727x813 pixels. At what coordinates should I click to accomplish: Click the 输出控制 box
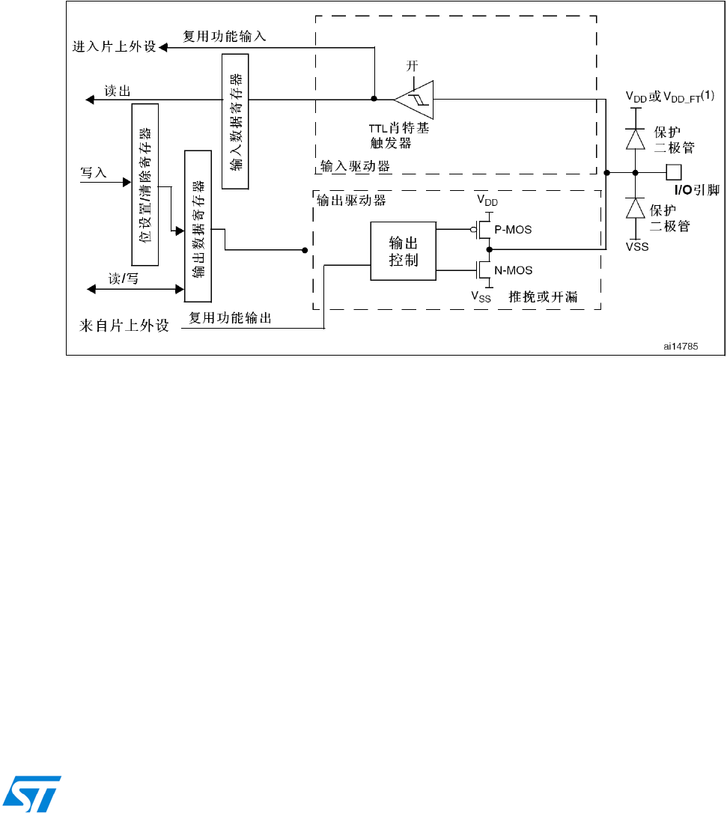point(404,251)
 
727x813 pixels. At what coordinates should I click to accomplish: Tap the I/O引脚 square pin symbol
point(674,172)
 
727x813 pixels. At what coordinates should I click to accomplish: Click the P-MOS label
point(514,230)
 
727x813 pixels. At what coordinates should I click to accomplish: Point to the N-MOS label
point(514,270)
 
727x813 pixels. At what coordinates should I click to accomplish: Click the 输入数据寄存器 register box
point(235,121)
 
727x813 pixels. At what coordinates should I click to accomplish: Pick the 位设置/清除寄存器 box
point(145,185)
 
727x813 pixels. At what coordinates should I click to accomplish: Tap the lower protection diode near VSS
point(636,208)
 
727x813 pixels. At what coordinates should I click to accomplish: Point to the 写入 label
point(94,173)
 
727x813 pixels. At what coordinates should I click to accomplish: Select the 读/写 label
point(124,278)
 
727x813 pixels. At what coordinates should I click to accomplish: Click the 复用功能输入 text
point(225,35)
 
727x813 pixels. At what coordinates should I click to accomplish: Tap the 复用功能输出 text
point(230,318)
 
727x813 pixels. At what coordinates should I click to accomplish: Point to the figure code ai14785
point(680,346)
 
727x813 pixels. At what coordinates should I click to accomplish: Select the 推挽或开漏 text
point(543,297)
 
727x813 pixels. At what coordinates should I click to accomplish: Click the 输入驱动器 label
point(355,166)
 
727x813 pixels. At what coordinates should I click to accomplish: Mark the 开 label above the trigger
point(412,66)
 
